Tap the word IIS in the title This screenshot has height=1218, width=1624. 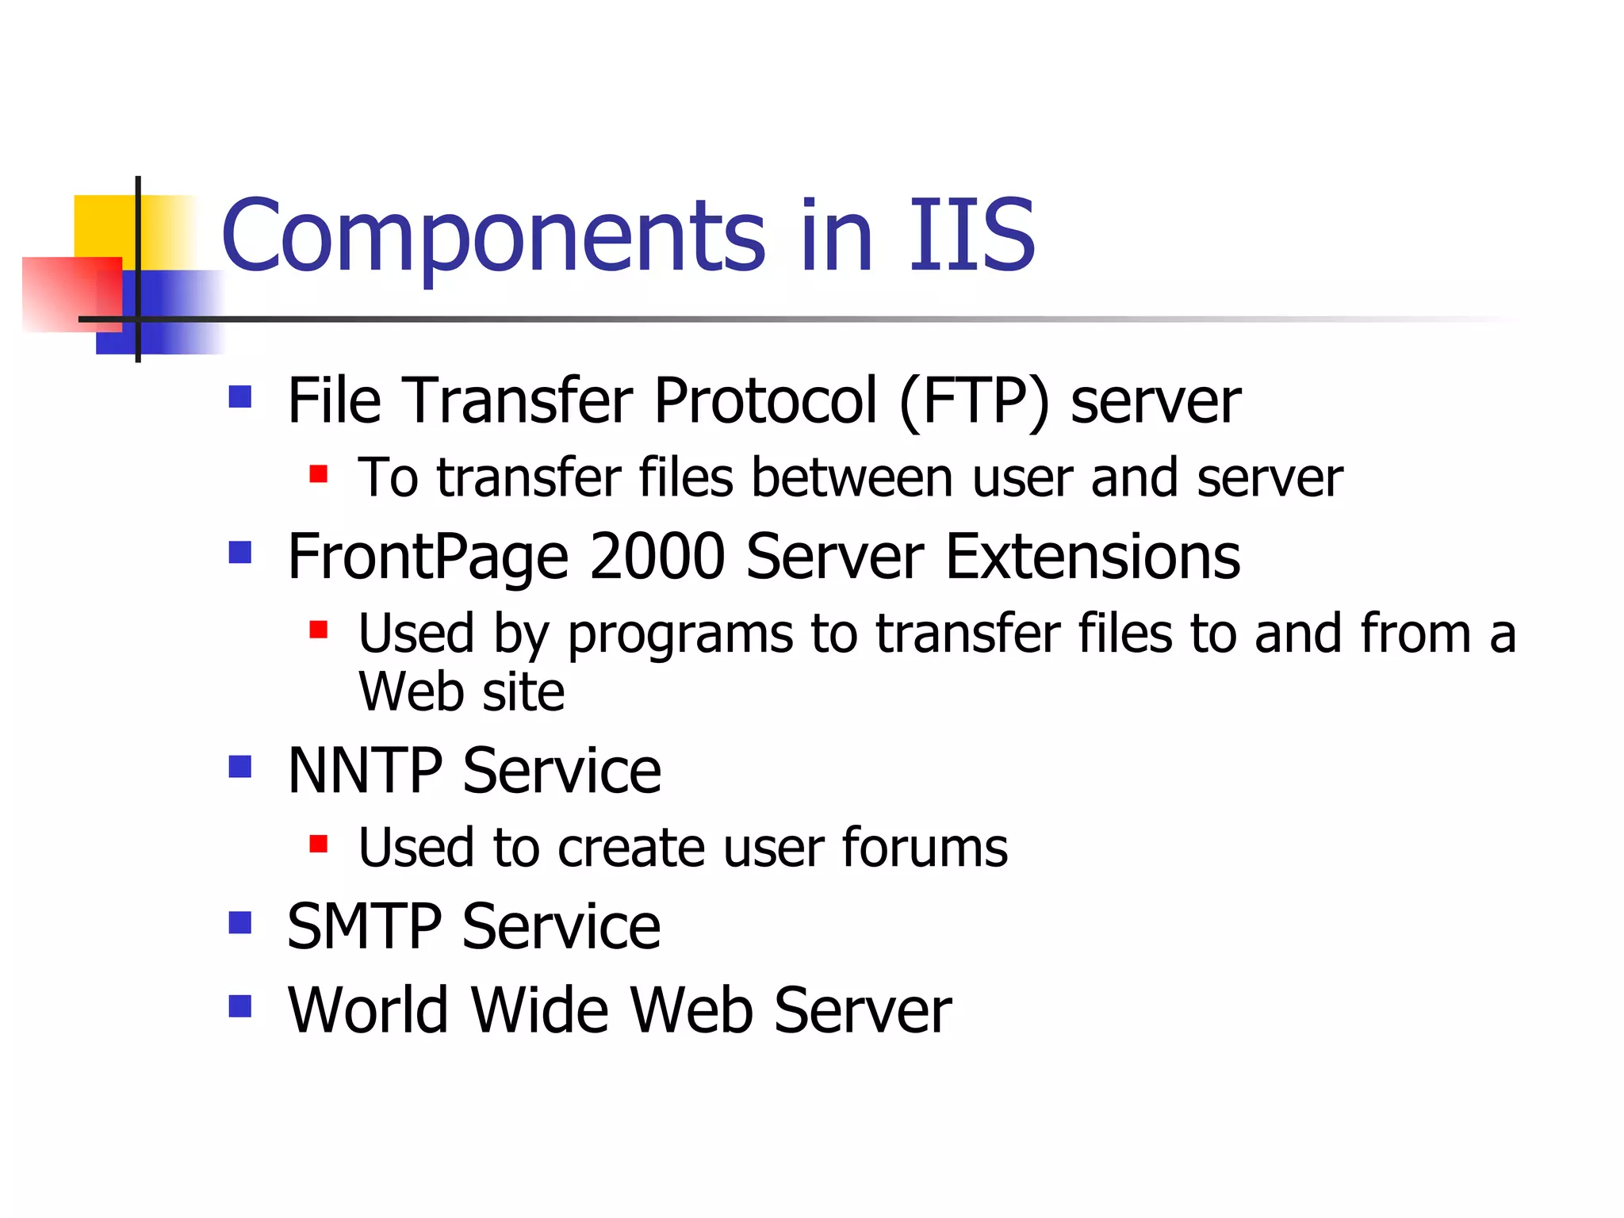click(x=971, y=235)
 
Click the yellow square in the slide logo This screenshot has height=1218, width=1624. click(x=103, y=226)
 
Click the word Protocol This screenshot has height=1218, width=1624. click(x=765, y=400)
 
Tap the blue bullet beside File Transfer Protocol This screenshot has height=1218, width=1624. click(x=239, y=396)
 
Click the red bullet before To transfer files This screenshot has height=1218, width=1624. click(x=318, y=474)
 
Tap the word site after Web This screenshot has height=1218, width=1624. click(x=523, y=692)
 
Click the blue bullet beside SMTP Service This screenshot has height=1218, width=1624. click(x=239, y=922)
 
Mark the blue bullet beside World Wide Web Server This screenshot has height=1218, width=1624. click(x=239, y=1006)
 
